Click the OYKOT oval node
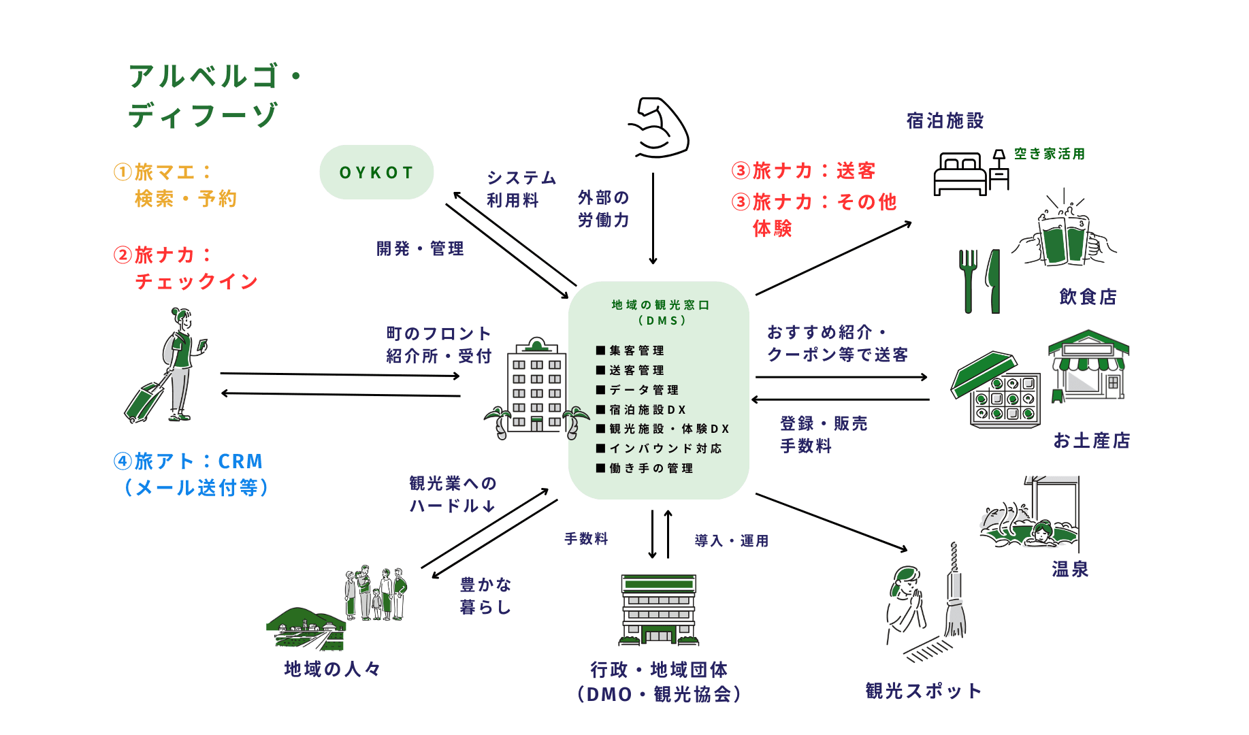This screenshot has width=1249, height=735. (x=376, y=172)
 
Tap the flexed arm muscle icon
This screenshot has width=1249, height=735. (x=659, y=127)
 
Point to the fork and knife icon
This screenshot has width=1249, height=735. (x=980, y=280)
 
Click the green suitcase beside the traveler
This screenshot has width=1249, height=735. (x=144, y=401)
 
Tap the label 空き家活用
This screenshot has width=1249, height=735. (x=1049, y=154)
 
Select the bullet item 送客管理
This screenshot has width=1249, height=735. (x=636, y=370)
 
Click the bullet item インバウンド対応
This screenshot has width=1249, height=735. (x=665, y=448)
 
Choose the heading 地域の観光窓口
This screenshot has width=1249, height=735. (x=660, y=305)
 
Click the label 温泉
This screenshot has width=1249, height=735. (x=1069, y=569)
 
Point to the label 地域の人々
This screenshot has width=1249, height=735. (x=332, y=669)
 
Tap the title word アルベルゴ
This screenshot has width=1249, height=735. (x=204, y=76)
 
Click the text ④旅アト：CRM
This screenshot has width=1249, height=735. (x=189, y=461)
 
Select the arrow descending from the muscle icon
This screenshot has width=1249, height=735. (x=653, y=218)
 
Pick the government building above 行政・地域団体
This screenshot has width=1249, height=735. (x=659, y=610)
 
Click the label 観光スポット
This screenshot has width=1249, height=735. (x=923, y=691)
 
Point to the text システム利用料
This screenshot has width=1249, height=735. (x=521, y=189)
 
